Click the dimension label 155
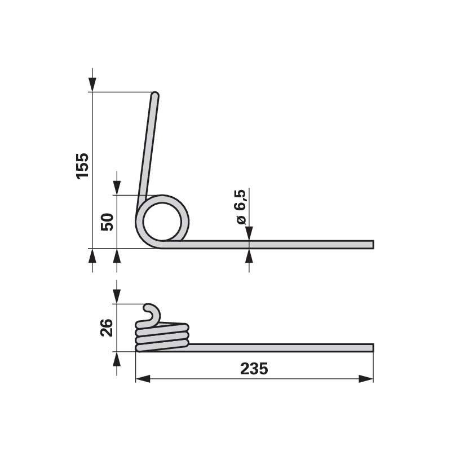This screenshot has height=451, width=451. [82, 166]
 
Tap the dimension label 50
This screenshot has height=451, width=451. [107, 222]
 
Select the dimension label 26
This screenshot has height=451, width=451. [107, 328]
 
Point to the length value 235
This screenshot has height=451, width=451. [254, 369]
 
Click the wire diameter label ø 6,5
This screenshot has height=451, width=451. [241, 206]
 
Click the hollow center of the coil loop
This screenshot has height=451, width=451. [162, 221]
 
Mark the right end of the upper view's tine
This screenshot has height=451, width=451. [373, 245]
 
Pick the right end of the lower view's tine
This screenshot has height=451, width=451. [373, 348]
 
